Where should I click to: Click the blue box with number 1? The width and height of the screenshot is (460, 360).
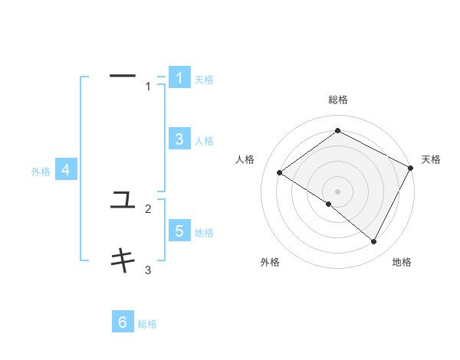(x=179, y=77)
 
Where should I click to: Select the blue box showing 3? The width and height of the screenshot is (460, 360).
(x=179, y=139)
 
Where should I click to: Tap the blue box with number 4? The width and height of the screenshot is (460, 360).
(x=66, y=170)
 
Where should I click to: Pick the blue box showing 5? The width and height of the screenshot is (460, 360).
(x=179, y=231)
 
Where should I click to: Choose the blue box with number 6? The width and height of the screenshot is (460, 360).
(x=123, y=322)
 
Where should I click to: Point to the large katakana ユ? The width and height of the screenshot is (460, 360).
(x=123, y=201)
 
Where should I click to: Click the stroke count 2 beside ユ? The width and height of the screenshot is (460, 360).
(x=148, y=208)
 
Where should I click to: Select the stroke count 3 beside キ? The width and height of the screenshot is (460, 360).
(x=148, y=270)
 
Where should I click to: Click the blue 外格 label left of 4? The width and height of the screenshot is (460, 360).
(x=41, y=172)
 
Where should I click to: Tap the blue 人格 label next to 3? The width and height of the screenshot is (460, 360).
(x=204, y=141)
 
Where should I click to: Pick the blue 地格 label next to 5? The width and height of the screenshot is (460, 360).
(x=204, y=233)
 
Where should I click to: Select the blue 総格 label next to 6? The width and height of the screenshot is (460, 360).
(x=147, y=324)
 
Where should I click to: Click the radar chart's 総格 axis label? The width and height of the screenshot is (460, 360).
(x=337, y=100)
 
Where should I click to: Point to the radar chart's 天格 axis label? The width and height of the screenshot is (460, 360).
(x=431, y=159)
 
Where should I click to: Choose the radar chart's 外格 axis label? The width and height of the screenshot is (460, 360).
(x=270, y=262)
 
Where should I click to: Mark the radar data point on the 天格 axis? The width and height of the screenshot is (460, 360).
(x=410, y=168)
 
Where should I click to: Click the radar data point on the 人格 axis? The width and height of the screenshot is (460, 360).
(x=280, y=172)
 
